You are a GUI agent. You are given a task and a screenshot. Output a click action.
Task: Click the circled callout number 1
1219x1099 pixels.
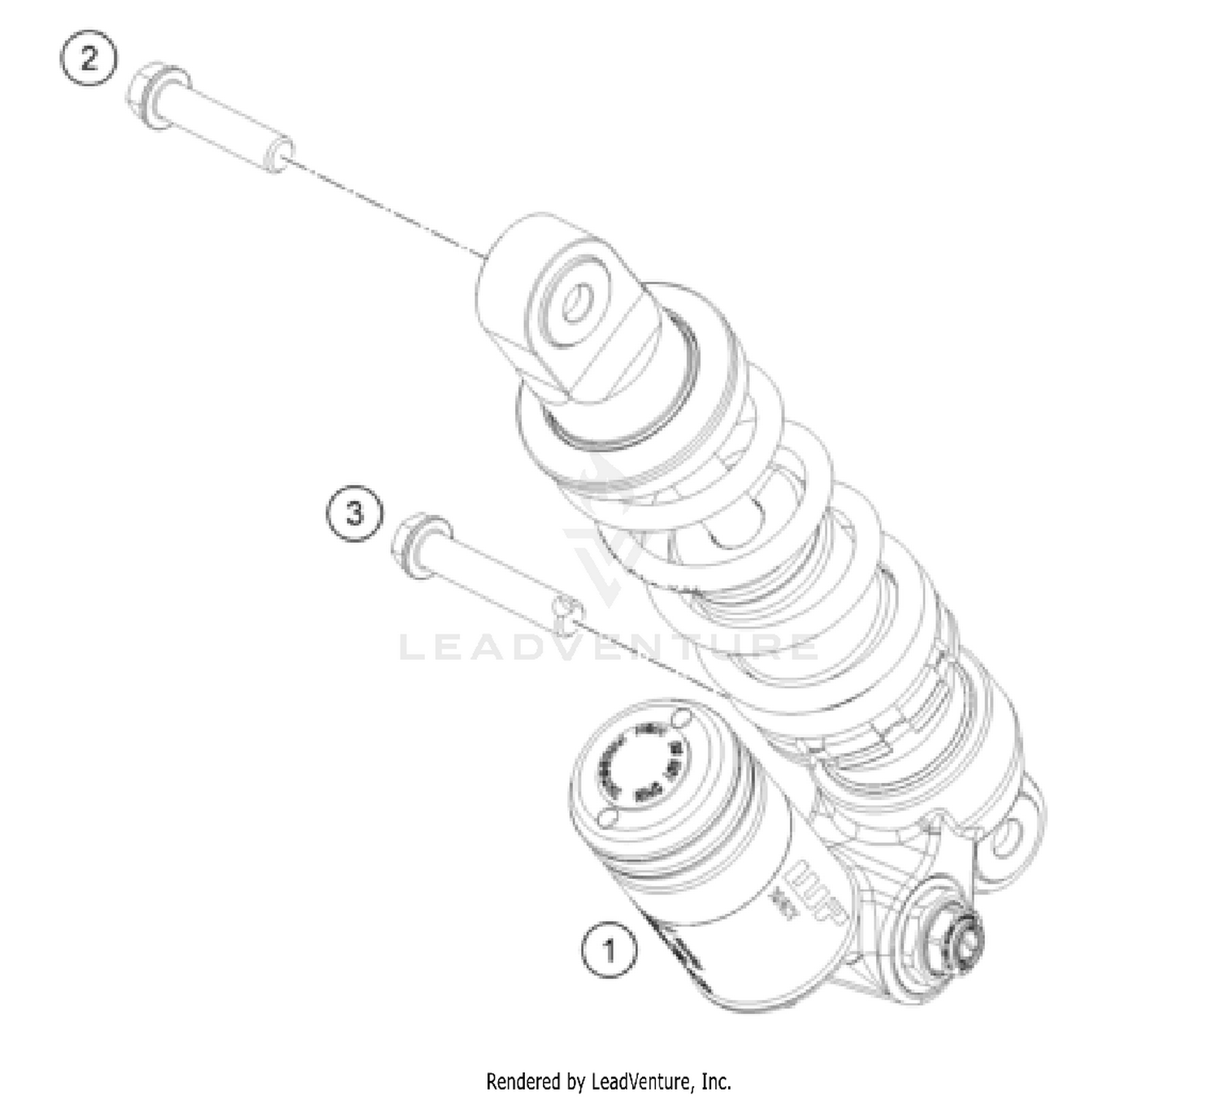click(x=609, y=950)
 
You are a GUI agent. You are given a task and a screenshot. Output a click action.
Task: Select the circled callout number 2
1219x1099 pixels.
click(x=89, y=58)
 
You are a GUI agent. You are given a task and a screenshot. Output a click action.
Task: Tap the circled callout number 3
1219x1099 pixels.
click(x=354, y=513)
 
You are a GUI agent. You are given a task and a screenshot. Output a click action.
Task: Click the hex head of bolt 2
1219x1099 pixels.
click(x=147, y=94)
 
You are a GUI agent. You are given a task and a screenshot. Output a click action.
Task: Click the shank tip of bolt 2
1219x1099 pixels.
click(x=279, y=154)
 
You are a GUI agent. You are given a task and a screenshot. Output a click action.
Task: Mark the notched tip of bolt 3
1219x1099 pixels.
click(x=566, y=614)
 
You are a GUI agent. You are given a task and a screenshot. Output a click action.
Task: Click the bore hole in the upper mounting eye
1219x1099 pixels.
click(x=576, y=303)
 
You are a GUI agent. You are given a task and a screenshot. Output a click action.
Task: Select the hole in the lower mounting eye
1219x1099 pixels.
click(x=1008, y=838)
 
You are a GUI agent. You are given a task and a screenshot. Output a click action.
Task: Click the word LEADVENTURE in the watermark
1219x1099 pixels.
click(x=609, y=648)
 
